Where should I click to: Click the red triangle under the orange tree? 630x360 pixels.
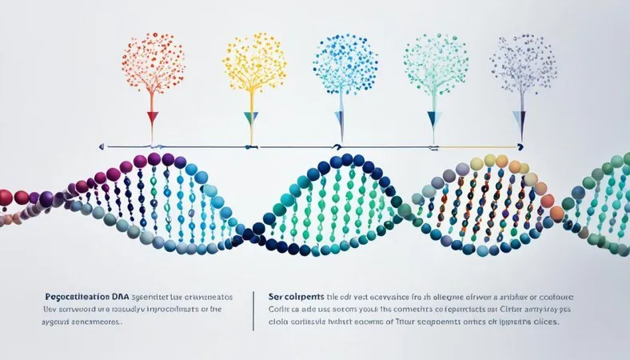click(152, 118)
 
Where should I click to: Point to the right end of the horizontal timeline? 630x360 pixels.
click(521, 147)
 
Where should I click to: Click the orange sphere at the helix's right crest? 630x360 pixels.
click(556, 214)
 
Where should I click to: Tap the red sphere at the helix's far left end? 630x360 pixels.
click(6, 197)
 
